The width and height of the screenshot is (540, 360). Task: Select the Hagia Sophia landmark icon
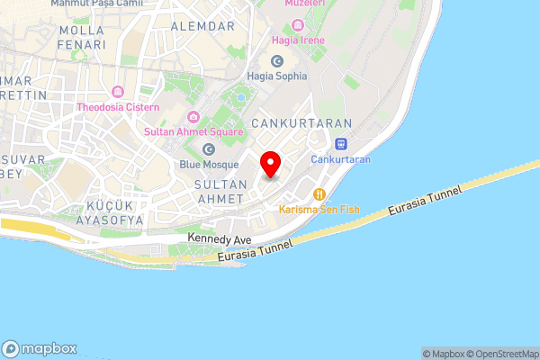click(x=277, y=60)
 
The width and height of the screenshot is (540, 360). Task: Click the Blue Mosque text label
click(x=209, y=165)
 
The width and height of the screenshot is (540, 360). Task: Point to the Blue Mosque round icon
click(x=209, y=149)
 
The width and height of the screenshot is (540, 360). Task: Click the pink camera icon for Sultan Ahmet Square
click(x=193, y=117)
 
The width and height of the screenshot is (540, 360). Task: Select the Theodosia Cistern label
click(x=118, y=107)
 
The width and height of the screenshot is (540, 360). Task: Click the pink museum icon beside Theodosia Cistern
click(x=118, y=92)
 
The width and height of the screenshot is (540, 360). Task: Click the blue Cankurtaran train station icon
click(x=341, y=144)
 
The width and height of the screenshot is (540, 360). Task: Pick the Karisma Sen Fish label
click(x=319, y=209)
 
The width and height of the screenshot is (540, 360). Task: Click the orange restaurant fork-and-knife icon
click(x=319, y=193)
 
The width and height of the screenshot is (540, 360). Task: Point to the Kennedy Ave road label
click(x=220, y=238)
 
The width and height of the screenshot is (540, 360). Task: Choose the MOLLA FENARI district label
click(x=81, y=37)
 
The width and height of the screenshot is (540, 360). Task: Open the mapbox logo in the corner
click(x=40, y=348)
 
